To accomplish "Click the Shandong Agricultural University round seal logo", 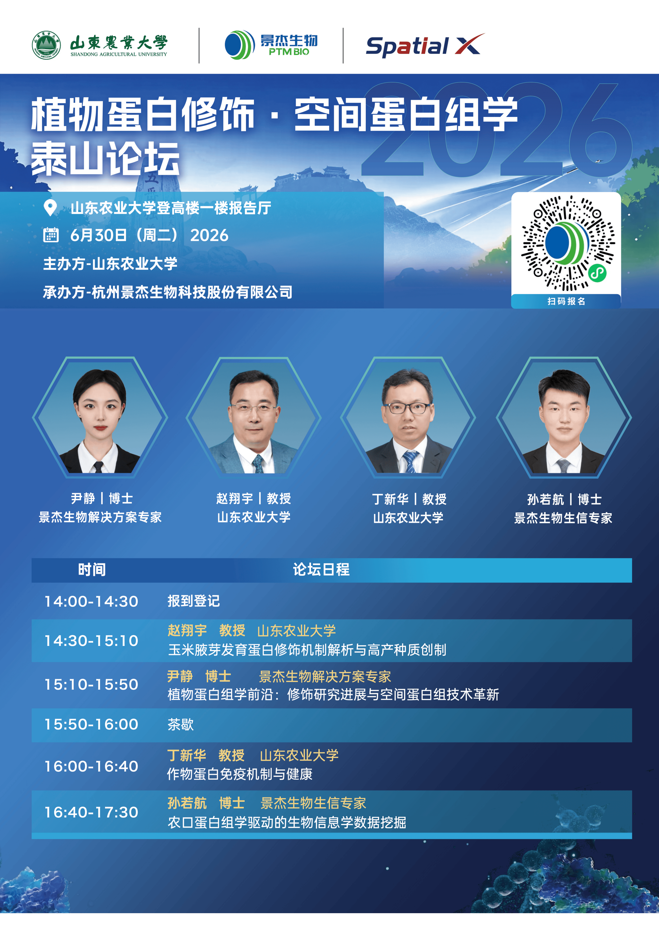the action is pyautogui.click(x=46, y=45).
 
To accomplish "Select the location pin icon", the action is pyautogui.click(x=50, y=208).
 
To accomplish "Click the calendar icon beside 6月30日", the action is pyautogui.click(x=51, y=235).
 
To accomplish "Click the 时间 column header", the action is pyautogui.click(x=92, y=569).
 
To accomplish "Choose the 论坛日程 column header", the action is pyautogui.click(x=321, y=569).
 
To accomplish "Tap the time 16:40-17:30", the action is pyautogui.click(x=91, y=812).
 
